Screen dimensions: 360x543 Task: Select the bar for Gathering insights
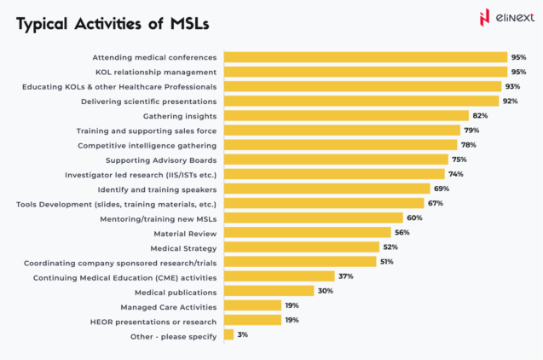(x=346, y=115)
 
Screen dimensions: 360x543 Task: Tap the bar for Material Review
(x=307, y=232)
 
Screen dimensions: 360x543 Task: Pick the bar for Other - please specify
(x=228, y=334)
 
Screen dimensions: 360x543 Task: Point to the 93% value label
(x=512, y=86)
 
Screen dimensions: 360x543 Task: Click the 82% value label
(x=480, y=115)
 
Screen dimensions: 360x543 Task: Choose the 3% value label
(x=243, y=334)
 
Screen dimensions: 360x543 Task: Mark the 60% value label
(x=414, y=218)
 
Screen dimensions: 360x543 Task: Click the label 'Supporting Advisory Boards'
(x=161, y=160)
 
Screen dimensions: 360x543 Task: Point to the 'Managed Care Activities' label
(x=168, y=306)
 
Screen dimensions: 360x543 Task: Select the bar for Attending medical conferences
(x=365, y=57)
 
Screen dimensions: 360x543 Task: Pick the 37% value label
(x=345, y=276)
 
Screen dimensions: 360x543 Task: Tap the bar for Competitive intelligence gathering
(x=340, y=145)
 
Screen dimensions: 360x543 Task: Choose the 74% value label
(x=456, y=174)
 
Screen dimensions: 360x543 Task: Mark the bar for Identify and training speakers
(x=326, y=189)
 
